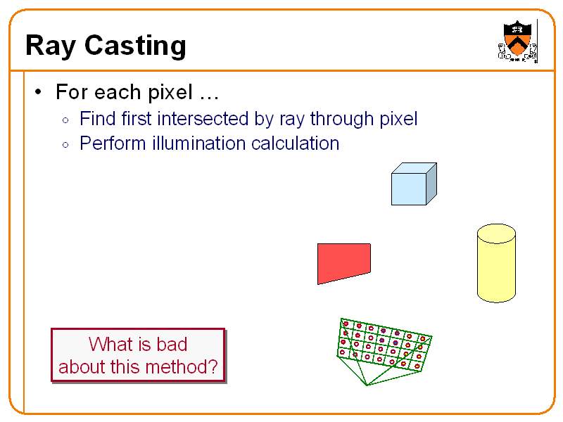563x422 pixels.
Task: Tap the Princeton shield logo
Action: (518, 39)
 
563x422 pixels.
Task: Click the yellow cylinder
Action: (496, 265)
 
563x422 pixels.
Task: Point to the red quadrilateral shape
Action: (343, 262)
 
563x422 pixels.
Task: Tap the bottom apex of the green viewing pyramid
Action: (366, 385)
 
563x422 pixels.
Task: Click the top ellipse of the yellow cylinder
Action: (496, 234)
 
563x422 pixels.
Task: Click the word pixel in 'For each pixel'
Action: (169, 92)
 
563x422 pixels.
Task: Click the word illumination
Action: (190, 143)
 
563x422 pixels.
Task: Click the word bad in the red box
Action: (172, 345)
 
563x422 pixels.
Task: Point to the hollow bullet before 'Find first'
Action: (65, 120)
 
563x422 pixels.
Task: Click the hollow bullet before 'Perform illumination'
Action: (65, 145)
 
